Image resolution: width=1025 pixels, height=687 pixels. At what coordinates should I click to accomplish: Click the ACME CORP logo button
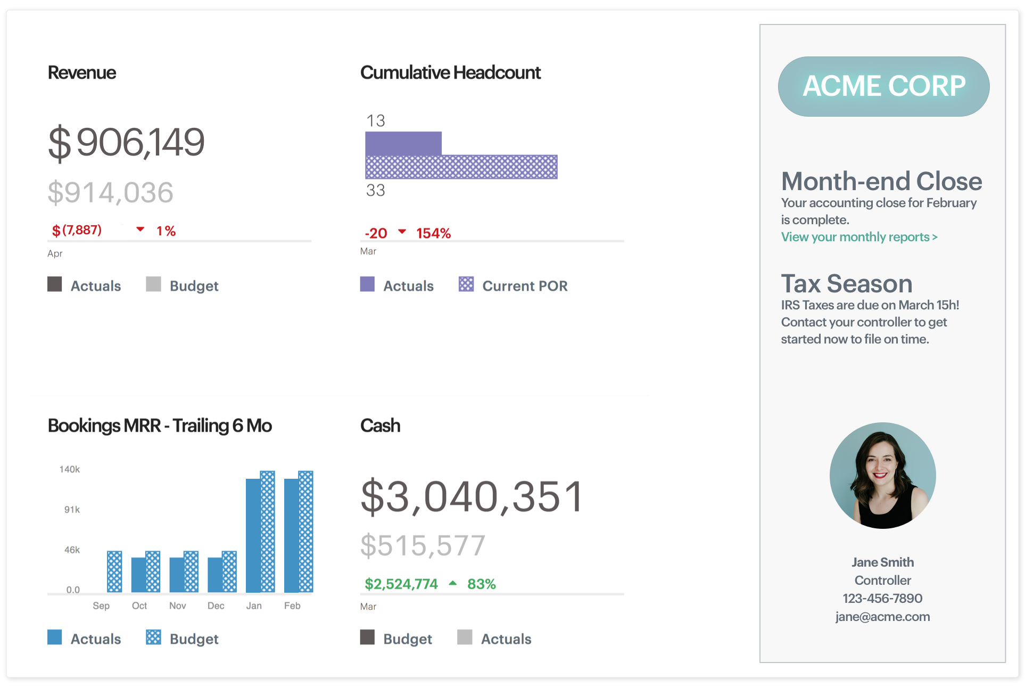[x=883, y=86]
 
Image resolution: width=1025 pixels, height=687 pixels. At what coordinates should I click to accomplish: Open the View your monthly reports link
[x=859, y=237]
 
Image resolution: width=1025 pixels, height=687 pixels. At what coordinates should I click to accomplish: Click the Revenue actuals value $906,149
[x=126, y=143]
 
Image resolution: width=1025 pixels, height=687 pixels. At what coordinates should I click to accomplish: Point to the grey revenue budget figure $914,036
[x=111, y=192]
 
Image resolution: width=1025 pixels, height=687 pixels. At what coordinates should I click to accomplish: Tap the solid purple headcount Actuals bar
[x=403, y=143]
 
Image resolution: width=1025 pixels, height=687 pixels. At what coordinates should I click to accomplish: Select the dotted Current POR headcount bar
[x=461, y=167]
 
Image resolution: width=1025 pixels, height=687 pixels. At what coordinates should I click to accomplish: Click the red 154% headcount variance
[x=433, y=233]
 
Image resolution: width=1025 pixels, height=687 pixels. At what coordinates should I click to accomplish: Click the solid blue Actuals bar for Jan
[x=253, y=535]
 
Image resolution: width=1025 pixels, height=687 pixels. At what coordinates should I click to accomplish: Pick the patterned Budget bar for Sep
[x=114, y=571]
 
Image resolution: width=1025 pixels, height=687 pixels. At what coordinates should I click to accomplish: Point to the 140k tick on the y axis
[x=70, y=469]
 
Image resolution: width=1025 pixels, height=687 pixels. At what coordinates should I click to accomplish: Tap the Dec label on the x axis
[x=216, y=606]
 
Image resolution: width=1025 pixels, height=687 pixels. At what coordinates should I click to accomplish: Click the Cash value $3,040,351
[x=472, y=497]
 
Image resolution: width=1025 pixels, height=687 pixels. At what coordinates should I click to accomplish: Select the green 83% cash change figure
[x=481, y=584]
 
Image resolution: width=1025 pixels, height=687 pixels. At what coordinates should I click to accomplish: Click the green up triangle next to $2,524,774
[x=453, y=583]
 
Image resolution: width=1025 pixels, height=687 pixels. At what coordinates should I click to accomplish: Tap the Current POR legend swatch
[x=466, y=284]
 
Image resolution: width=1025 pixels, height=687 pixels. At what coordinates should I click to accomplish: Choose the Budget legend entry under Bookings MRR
[x=183, y=638]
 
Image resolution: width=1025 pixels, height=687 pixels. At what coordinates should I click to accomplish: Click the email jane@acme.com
[x=882, y=617]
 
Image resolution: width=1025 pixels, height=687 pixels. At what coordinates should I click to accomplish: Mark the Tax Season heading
[x=846, y=283]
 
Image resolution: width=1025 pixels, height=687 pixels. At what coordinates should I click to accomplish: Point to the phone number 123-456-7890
[x=882, y=599]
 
